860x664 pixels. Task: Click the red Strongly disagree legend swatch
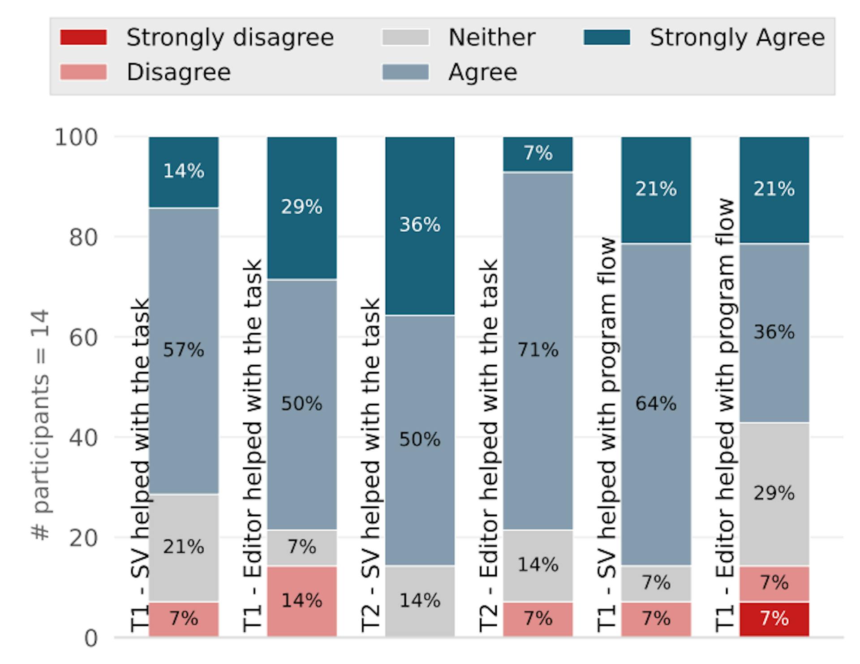pos(83,38)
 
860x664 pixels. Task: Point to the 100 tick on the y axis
pos(76,137)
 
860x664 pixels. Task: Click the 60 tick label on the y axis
pos(83,338)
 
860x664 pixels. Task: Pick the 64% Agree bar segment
pos(656,404)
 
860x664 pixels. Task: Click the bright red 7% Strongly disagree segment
pos(774,619)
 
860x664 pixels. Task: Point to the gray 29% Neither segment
pos(774,494)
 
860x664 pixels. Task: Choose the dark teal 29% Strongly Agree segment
pos(302,208)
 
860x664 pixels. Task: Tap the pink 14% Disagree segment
pos(302,601)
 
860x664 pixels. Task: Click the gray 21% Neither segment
pos(184,547)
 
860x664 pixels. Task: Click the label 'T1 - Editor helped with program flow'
pos(725,415)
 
